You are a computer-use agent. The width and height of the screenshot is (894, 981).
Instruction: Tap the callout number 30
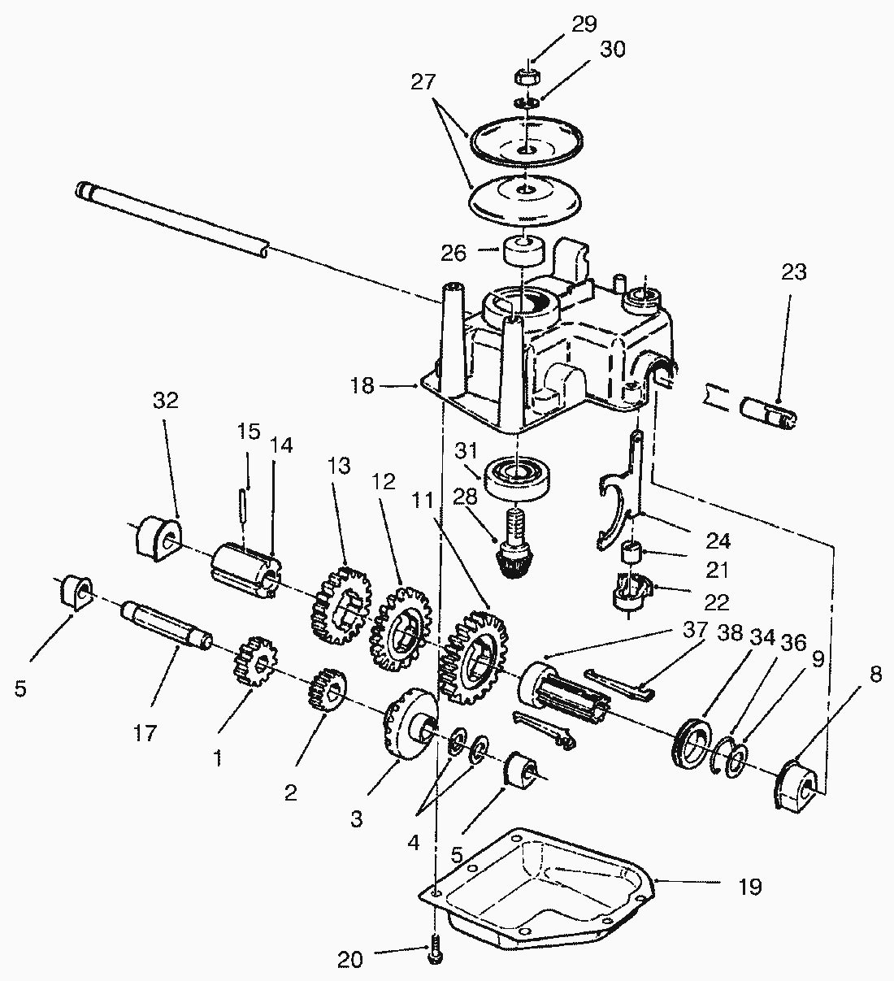coord(613,50)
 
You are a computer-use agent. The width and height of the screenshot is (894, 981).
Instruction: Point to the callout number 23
coord(793,272)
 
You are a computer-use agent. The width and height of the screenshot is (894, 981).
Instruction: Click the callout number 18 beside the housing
coord(362,385)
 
